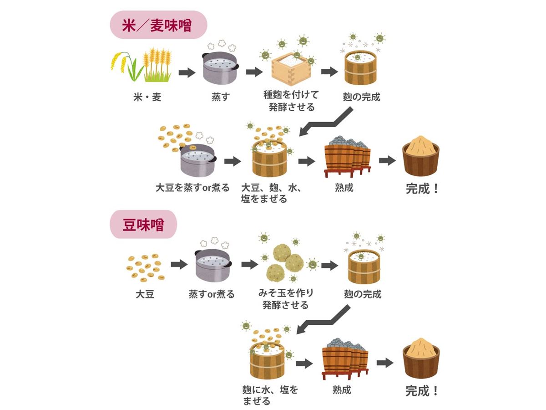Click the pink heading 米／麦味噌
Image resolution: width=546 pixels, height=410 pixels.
[x=158, y=26]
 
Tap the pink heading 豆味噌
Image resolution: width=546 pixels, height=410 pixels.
[x=143, y=225]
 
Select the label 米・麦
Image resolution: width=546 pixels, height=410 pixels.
[x=147, y=97]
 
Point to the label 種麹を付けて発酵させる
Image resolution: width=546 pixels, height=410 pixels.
[x=291, y=101]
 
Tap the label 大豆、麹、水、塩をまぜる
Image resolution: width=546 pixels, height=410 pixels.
[x=272, y=193]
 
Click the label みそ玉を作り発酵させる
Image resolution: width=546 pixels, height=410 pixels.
[x=286, y=299]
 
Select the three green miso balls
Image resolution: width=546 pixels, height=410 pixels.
[x=284, y=261]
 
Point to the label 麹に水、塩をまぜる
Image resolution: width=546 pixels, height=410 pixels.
[x=270, y=395]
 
